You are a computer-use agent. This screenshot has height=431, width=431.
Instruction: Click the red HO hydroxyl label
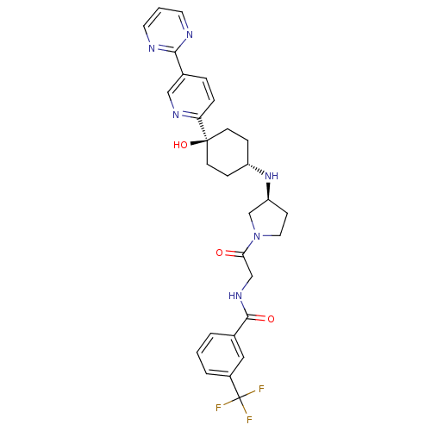(x=180, y=145)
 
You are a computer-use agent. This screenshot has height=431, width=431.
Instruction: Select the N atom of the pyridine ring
(x=176, y=115)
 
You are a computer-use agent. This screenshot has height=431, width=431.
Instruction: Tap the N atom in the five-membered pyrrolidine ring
(x=257, y=236)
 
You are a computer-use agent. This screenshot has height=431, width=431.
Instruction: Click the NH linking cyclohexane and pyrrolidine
(x=272, y=176)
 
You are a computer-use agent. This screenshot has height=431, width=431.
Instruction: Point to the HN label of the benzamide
(x=235, y=296)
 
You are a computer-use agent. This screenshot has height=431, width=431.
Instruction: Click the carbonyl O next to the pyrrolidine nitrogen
(x=220, y=253)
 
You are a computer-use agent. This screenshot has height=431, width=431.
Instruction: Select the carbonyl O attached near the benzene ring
(x=271, y=319)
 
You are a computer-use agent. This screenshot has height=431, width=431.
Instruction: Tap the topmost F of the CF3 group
(x=261, y=390)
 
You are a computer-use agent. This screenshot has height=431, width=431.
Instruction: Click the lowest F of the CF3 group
(x=249, y=420)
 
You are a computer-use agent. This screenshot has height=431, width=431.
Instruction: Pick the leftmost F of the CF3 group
(x=219, y=408)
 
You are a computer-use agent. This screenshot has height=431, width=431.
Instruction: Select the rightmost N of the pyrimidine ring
(x=190, y=34)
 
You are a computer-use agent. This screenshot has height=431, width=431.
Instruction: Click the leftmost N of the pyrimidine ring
(x=152, y=48)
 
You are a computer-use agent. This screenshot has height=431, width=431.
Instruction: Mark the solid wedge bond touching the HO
(x=199, y=142)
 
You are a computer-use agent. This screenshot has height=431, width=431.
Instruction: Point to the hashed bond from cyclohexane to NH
(x=256, y=169)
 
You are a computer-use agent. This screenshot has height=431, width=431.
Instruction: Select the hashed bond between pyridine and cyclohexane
(x=203, y=128)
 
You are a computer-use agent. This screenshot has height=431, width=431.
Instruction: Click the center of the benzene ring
(x=221, y=354)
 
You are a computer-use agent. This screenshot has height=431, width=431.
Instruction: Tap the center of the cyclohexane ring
(x=228, y=153)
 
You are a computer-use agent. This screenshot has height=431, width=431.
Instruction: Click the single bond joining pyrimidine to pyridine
(x=179, y=63)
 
